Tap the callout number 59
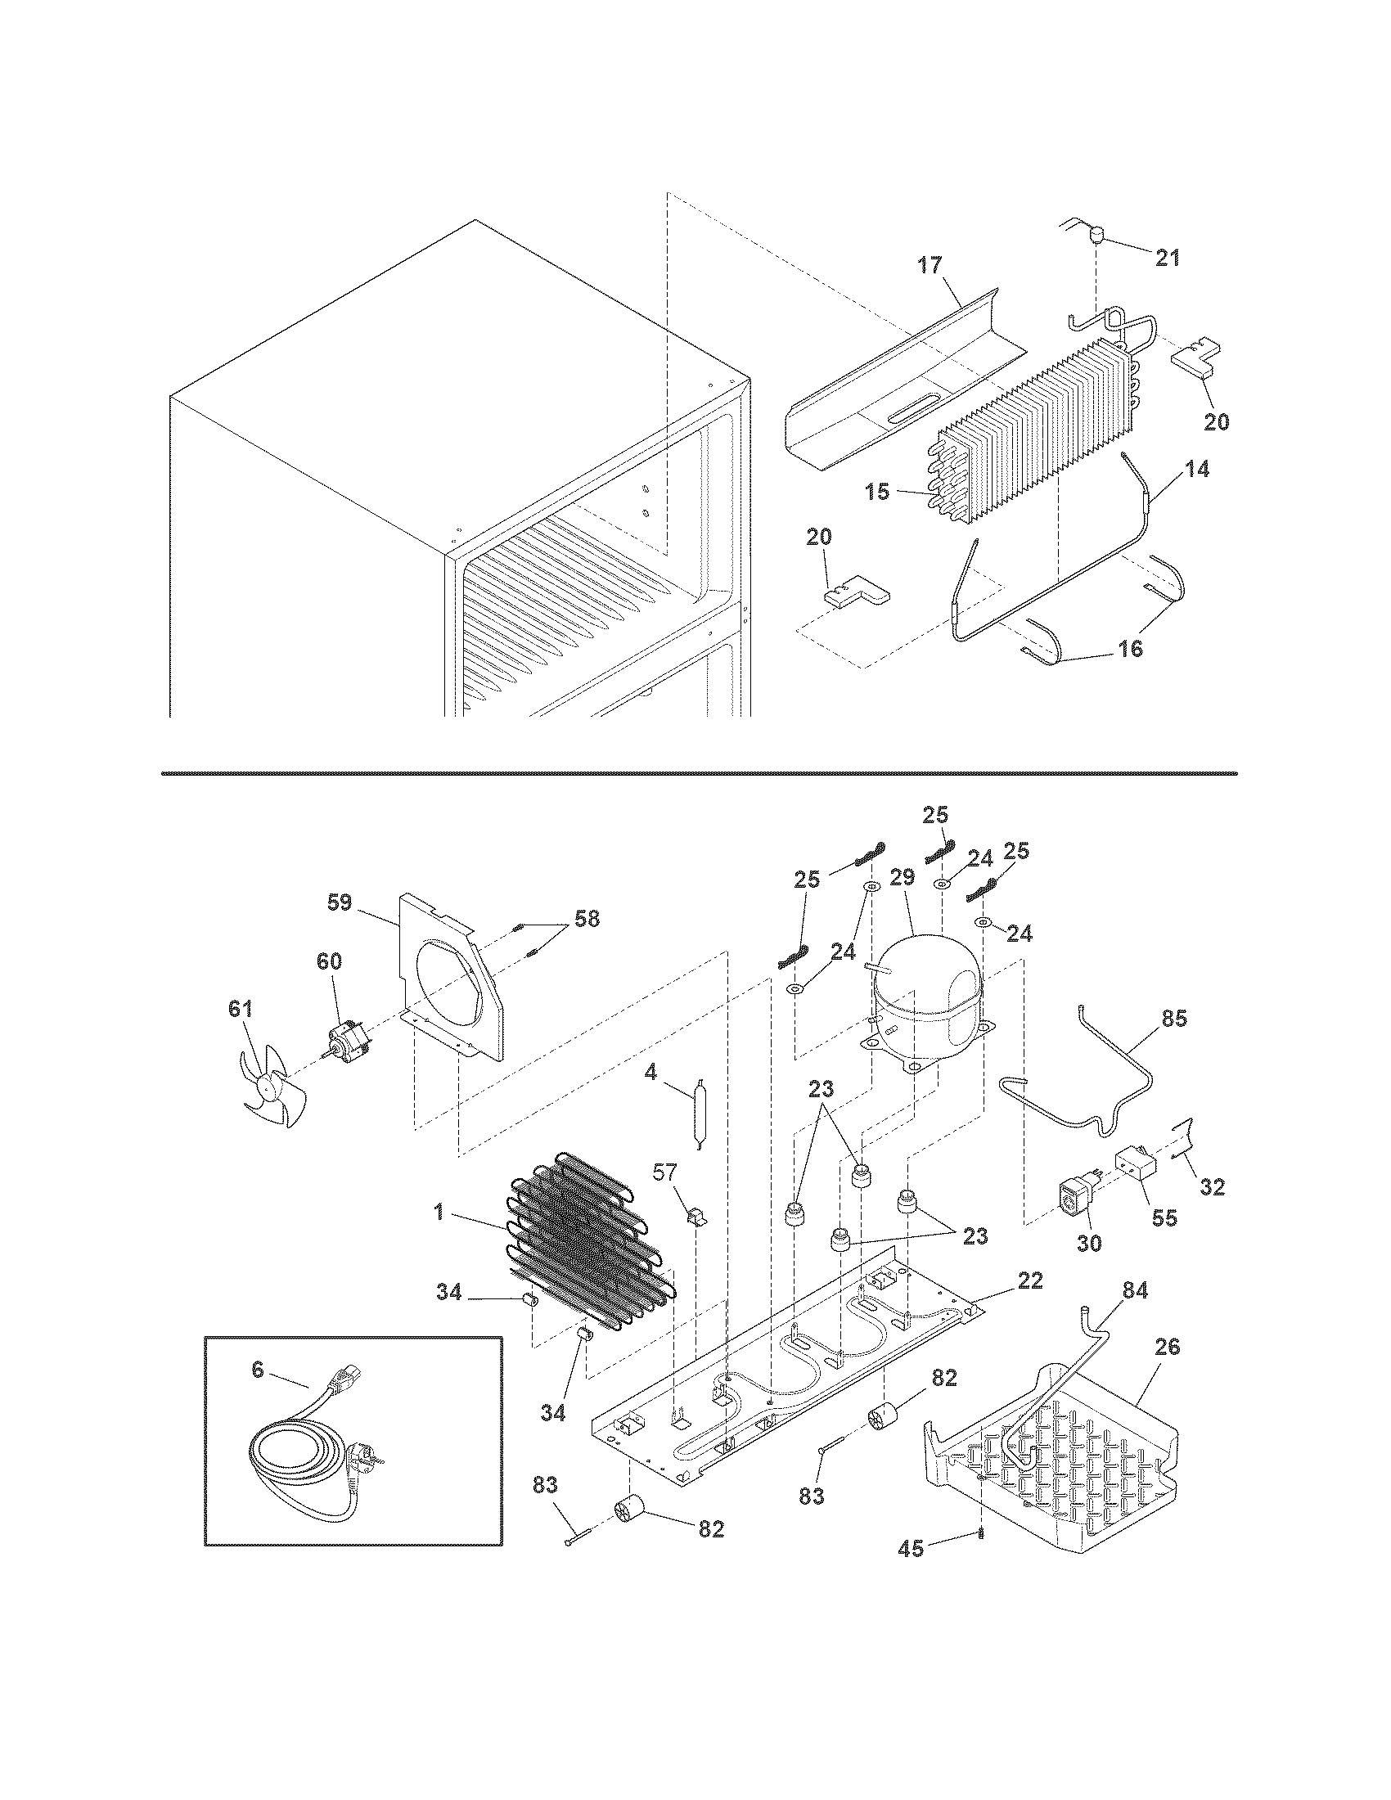point(339,902)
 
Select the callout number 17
point(930,265)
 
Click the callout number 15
point(878,492)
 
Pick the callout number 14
point(1197,469)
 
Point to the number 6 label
point(257,1370)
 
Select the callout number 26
point(1167,1347)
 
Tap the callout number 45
point(911,1549)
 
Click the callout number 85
point(1174,1019)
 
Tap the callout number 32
point(1212,1187)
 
